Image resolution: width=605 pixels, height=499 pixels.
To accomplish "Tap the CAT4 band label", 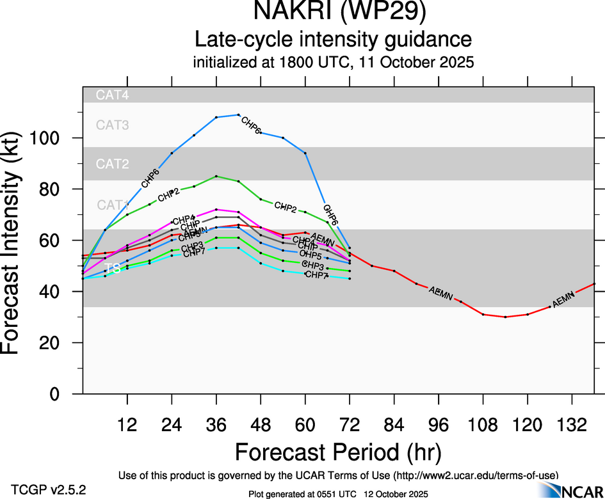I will [x=112, y=95].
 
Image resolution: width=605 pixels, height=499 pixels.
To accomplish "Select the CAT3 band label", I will [x=112, y=125].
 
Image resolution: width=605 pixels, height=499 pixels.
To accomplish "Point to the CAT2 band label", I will [x=112, y=164].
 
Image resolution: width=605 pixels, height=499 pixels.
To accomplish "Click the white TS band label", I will [x=113, y=269].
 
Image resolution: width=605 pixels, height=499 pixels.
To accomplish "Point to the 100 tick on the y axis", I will [x=59, y=138].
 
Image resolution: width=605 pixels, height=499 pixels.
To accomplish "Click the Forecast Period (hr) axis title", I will [x=337, y=452].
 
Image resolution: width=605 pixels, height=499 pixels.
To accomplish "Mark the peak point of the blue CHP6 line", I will [x=238, y=115].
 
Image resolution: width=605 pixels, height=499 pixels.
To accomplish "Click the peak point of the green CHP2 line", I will [x=216, y=176].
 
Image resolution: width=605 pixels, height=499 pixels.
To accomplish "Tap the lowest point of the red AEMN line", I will [x=505, y=317].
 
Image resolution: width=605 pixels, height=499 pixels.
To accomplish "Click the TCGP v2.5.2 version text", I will [x=49, y=490].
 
